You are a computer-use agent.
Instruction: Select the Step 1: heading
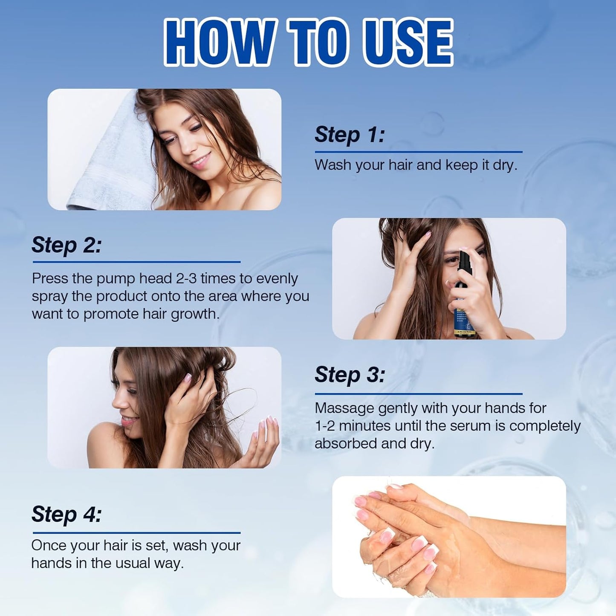350,135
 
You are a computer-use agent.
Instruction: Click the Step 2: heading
67,245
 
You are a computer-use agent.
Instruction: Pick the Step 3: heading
350,375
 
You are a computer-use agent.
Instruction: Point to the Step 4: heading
67,514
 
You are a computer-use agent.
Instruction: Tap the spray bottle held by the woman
463,298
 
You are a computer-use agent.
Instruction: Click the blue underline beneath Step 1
418,152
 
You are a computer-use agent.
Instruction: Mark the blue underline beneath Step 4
136,533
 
